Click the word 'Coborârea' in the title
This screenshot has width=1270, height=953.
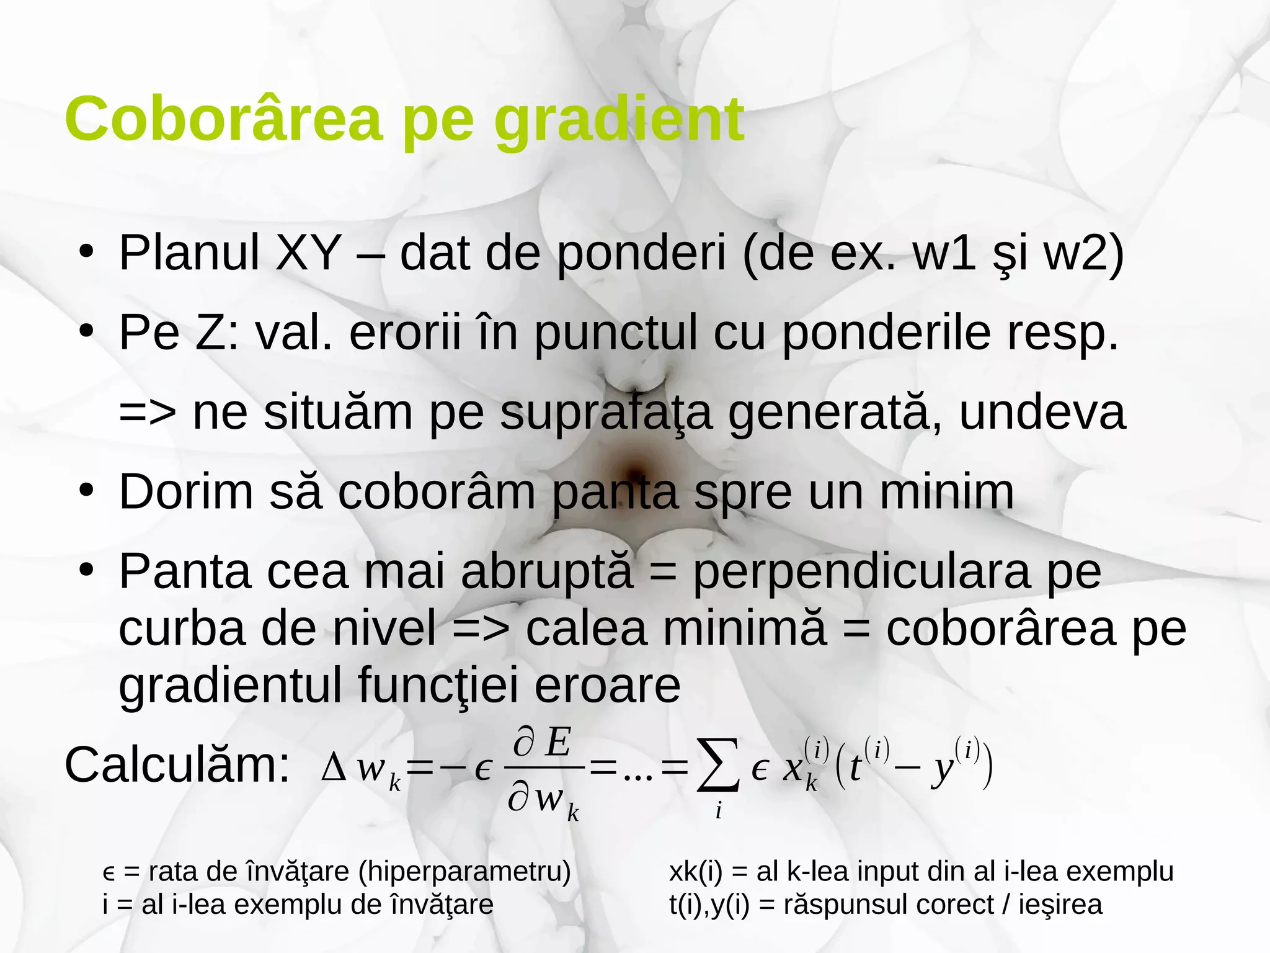click(223, 119)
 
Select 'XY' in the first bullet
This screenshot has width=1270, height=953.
click(308, 253)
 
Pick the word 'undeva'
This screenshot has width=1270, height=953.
click(1042, 412)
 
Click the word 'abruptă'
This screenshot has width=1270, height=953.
click(547, 572)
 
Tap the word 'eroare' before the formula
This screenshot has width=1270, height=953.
click(607, 685)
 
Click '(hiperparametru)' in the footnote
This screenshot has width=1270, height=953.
click(464, 872)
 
